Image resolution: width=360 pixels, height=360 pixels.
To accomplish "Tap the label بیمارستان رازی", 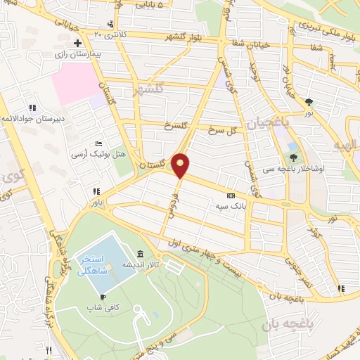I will click(81, 53).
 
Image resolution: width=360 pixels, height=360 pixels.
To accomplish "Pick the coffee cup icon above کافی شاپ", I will click(104, 296).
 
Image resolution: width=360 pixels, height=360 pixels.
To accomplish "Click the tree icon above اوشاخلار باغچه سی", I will click(292, 156).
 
